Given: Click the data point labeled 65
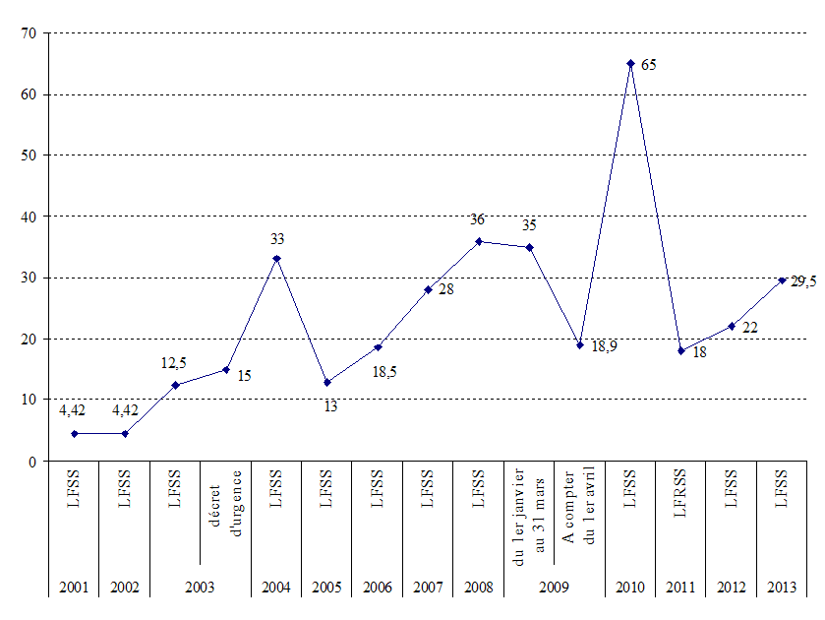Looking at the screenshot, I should click(x=630, y=63).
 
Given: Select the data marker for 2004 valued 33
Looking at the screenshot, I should click(x=276, y=259).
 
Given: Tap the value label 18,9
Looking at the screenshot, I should click(x=604, y=347).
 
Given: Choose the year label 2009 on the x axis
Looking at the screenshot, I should click(x=554, y=588).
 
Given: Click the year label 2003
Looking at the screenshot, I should click(x=200, y=588).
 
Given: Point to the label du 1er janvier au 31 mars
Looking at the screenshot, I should click(x=529, y=515).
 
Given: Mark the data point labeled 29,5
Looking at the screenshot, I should click(x=783, y=280).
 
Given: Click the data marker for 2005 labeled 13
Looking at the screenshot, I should click(x=326, y=382).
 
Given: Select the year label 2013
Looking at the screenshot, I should click(x=782, y=588).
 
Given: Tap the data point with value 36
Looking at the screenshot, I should click(x=479, y=241).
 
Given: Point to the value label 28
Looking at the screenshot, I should click(x=445, y=290).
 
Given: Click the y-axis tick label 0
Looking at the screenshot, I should click(x=31, y=462).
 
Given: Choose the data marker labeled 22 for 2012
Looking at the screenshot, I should click(x=732, y=326).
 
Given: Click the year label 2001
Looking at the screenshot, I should click(x=74, y=588).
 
